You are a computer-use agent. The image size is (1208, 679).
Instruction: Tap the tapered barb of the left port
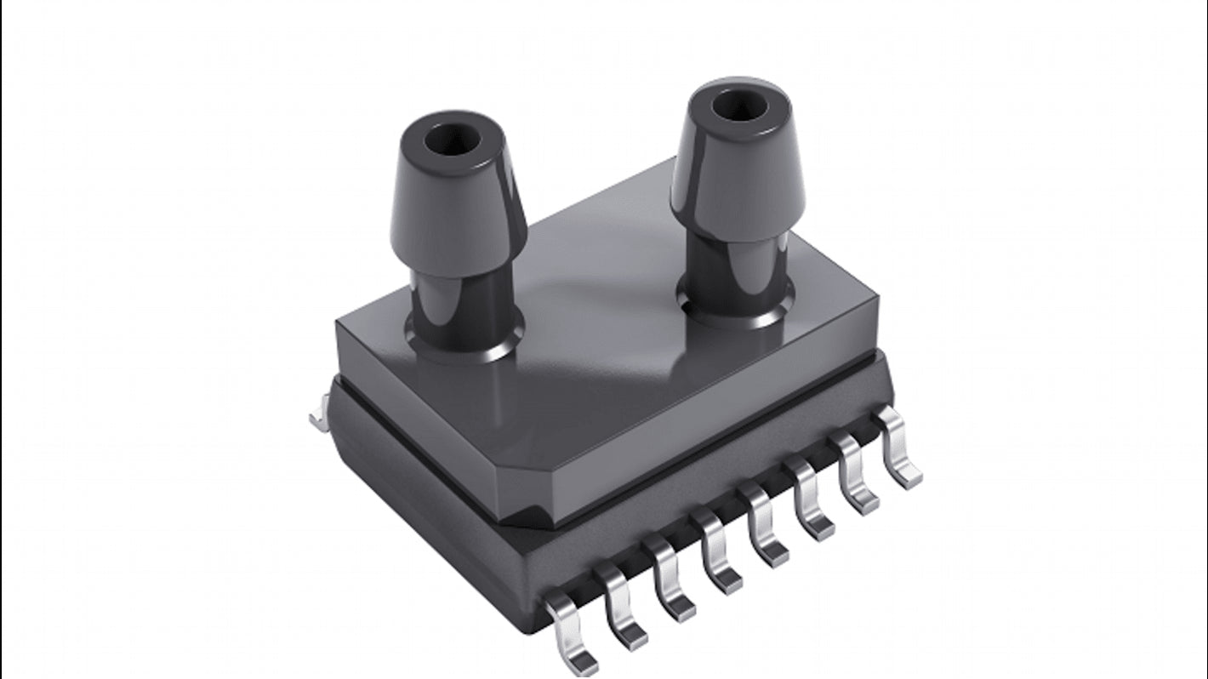coord(459,214)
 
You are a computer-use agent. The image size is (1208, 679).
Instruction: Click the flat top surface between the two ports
coord(595,281)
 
